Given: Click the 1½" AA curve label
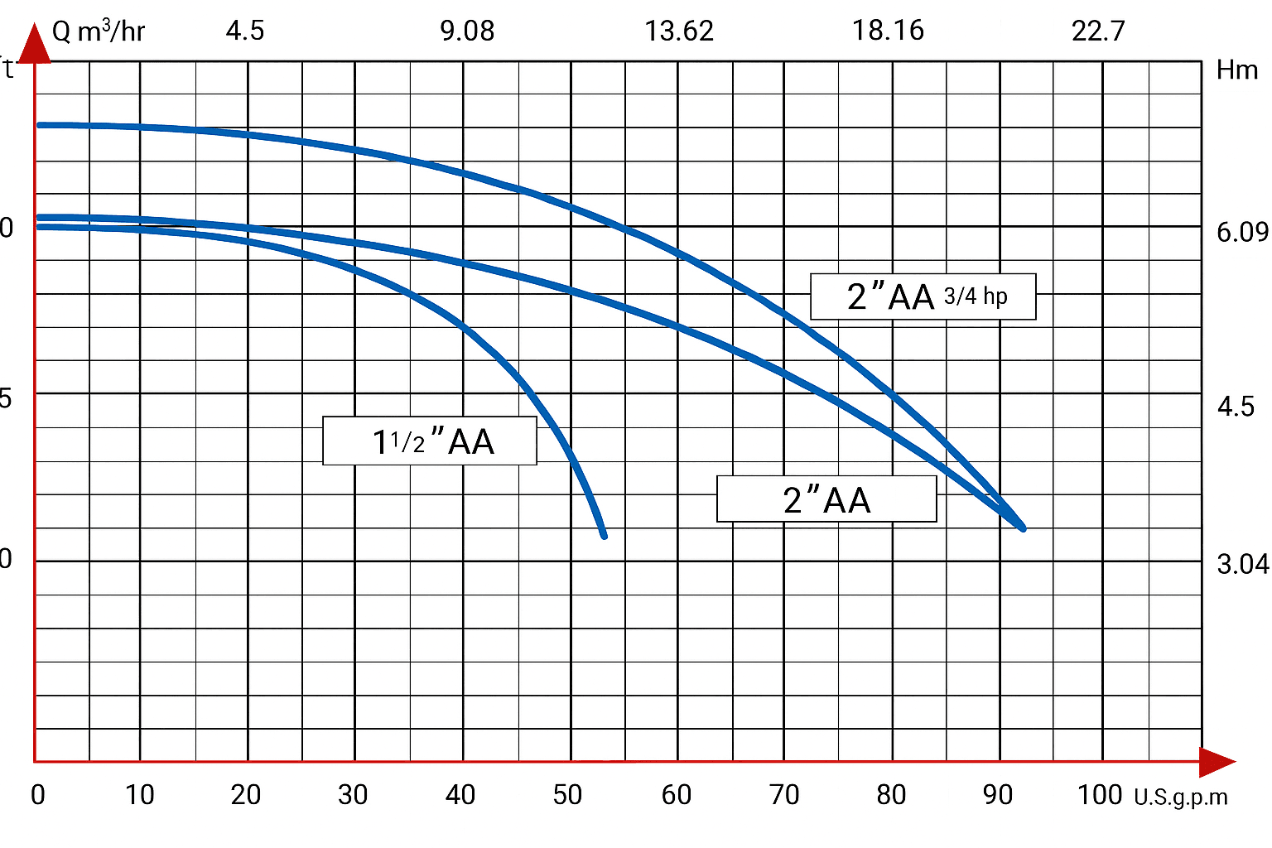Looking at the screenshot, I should [x=430, y=441].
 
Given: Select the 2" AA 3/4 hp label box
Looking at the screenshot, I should [x=923, y=296].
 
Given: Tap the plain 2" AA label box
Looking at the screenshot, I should [x=826, y=499].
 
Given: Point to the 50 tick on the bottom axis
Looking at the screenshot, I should [x=568, y=795].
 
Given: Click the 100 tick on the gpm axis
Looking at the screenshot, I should [x=1100, y=795].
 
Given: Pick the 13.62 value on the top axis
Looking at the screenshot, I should [x=679, y=31].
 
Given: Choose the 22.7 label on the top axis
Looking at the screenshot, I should [x=1098, y=31].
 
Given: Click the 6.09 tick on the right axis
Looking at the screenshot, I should [x=1242, y=232].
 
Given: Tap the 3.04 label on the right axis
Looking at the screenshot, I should [x=1242, y=565].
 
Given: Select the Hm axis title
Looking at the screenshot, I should [x=1237, y=70].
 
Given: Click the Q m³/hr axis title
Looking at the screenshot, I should [x=99, y=31].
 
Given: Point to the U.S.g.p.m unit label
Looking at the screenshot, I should [x=1181, y=797].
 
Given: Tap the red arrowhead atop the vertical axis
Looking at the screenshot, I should [x=35, y=45].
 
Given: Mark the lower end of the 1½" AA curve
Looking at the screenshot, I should [x=604, y=535].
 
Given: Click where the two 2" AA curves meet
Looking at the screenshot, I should [x=1023, y=528].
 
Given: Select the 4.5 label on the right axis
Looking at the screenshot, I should [x=1236, y=407].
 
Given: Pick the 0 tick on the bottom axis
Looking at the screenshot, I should [x=37, y=795].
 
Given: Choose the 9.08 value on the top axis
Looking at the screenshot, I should [x=467, y=31].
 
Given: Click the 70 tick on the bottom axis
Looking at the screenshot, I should [x=784, y=795].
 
